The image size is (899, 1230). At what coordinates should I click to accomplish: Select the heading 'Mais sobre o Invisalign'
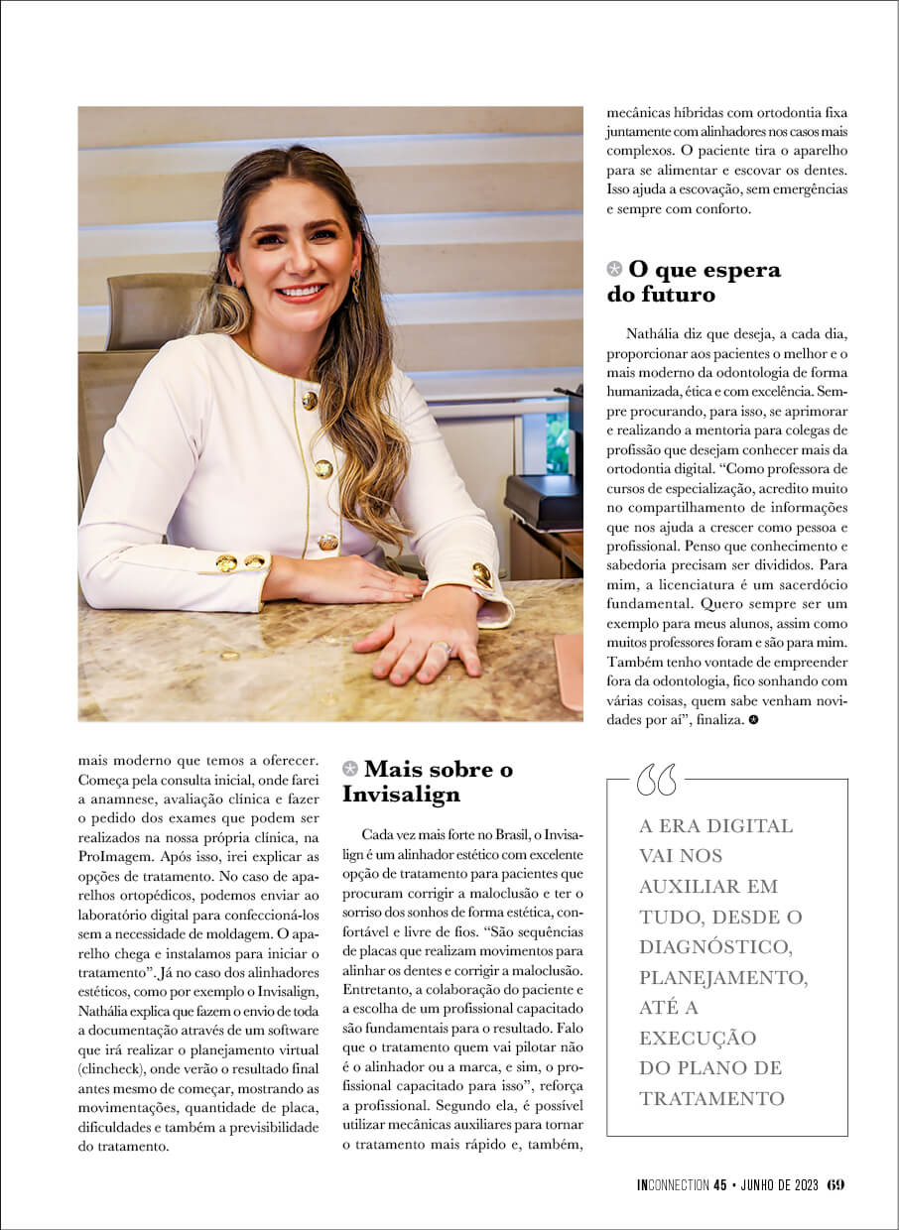pos(428,781)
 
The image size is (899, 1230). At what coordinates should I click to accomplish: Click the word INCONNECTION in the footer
pos(673,1184)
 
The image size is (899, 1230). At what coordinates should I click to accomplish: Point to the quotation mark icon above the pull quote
pos(656,780)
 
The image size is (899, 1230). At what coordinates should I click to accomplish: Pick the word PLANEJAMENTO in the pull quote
pos(723,977)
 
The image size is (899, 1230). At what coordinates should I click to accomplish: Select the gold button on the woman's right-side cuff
pos(482,574)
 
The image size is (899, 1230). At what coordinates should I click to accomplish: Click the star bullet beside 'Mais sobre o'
pos(349,769)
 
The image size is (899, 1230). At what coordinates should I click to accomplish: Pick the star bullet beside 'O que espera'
pos(615,269)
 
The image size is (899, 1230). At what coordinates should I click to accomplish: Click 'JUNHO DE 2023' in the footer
pos(778,1184)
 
